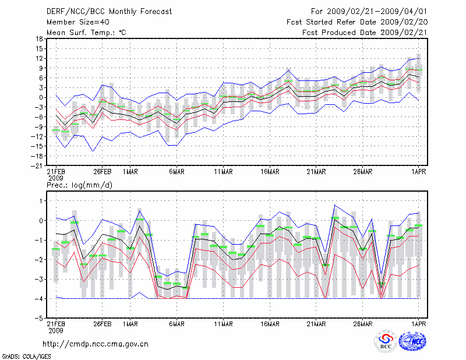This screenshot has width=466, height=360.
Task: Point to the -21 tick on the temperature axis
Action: [x=37, y=165]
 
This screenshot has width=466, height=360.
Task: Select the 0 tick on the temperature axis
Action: [x=40, y=97]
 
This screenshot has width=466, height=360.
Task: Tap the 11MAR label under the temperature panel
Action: [x=223, y=172]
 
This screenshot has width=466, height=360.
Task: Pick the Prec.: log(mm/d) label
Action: [x=80, y=185]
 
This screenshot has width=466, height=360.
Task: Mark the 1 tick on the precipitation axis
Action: [x=40, y=201]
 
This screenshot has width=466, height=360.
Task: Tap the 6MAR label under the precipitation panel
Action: [x=176, y=324]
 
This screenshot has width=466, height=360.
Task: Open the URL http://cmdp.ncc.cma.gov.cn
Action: [x=96, y=344]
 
